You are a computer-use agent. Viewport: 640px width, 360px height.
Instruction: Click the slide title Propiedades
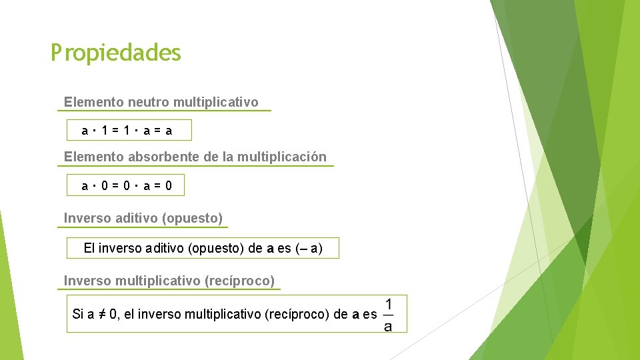tap(116, 53)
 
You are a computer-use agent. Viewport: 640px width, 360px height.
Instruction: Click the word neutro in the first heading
tap(149, 102)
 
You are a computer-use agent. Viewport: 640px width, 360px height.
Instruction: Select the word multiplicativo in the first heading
tap(215, 102)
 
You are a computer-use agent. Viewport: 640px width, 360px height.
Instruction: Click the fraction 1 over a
tap(388, 314)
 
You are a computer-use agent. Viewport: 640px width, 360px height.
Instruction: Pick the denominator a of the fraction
tap(388, 326)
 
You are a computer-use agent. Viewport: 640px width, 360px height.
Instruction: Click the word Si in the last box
tap(77, 314)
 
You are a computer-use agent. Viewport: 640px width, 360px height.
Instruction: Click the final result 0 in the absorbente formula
tap(169, 186)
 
